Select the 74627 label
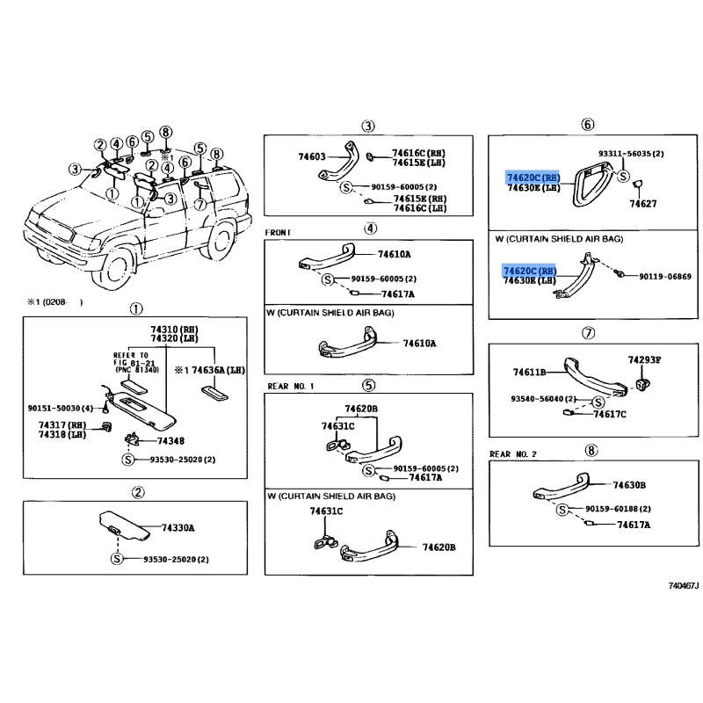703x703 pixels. click(642, 204)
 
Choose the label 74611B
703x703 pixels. click(529, 373)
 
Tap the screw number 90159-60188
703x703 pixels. click(618, 509)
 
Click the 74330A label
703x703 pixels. click(178, 528)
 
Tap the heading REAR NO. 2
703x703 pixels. click(513, 453)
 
